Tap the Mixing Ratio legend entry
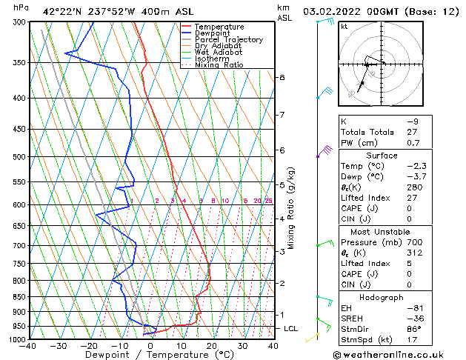[219, 65]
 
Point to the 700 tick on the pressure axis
[19, 245]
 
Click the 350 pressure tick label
[19, 62]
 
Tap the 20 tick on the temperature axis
[212, 345]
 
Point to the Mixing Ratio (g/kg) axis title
[292, 207]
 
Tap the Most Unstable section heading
[382, 231]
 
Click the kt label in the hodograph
[344, 26]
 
